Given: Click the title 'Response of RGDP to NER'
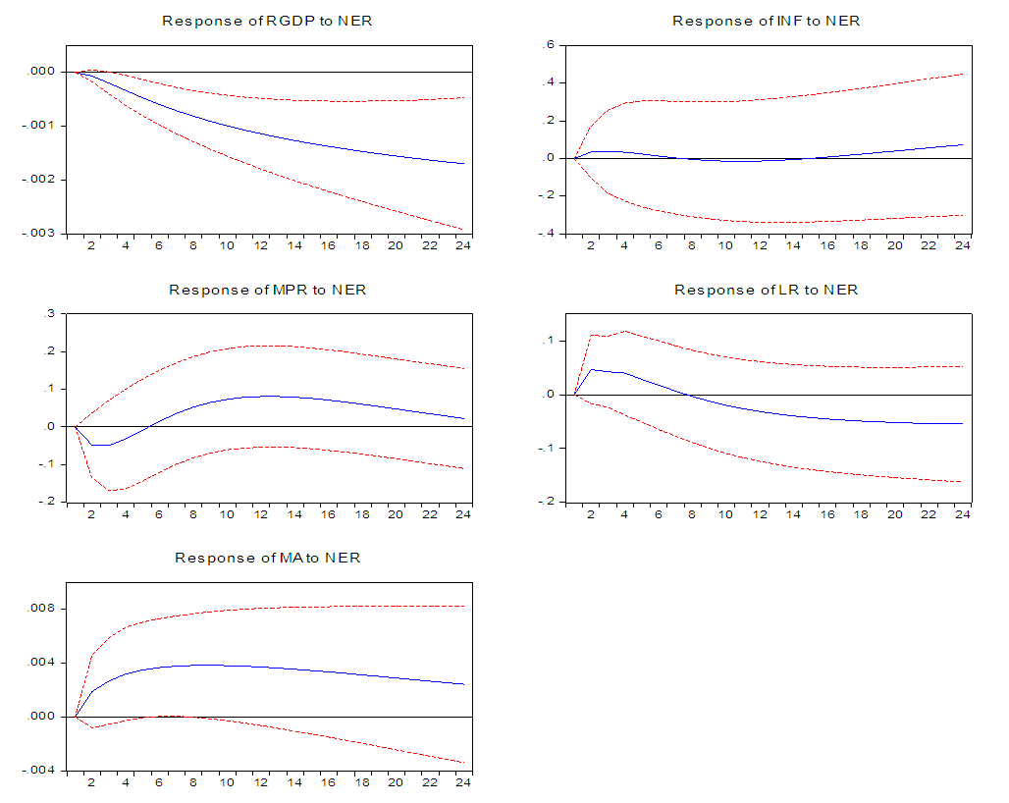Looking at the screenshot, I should [267, 21].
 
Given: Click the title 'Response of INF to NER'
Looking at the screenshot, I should [766, 21].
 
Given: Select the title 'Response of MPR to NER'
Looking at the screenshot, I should [267, 290].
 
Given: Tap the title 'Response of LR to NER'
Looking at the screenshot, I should [766, 290].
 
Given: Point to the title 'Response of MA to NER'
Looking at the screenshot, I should [267, 558].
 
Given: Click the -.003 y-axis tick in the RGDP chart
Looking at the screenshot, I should [40, 233].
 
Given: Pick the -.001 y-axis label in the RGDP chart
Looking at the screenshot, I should [40, 126].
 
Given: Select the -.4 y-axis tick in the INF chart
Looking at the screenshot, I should [545, 233].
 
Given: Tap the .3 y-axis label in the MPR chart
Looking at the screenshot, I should [47, 314].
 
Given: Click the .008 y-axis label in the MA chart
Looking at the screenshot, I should [43, 610].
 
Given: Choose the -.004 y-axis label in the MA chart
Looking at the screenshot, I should [40, 770].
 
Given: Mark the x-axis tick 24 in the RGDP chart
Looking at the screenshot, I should [462, 245].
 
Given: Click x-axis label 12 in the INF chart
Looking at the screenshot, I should [760, 245].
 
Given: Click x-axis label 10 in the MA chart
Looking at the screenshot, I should [226, 782].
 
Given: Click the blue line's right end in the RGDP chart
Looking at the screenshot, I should [464, 164].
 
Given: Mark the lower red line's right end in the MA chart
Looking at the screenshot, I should [464, 762].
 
